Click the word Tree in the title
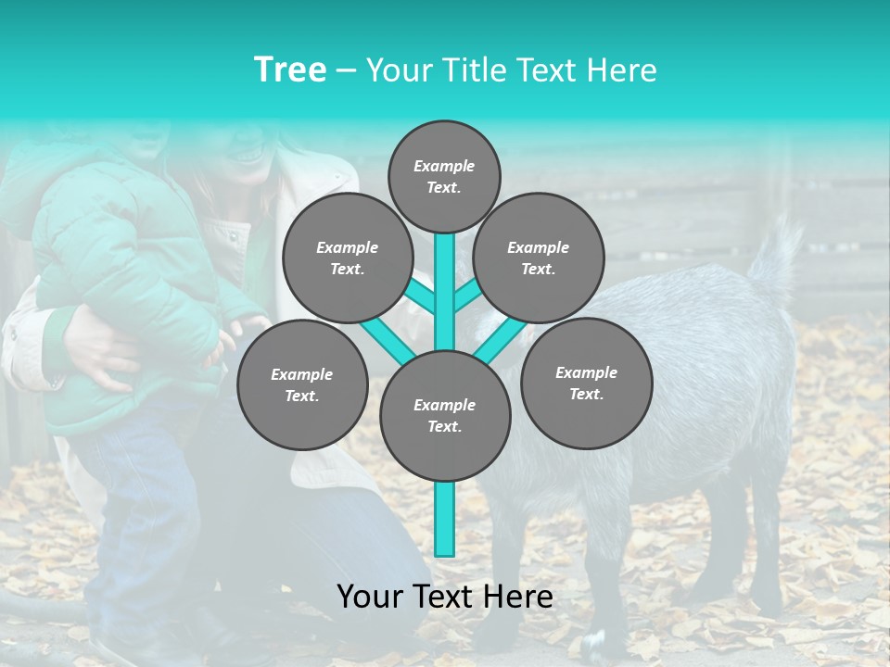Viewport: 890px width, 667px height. (x=290, y=70)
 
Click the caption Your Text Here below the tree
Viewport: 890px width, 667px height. (x=445, y=597)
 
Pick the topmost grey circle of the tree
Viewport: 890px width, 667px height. (x=444, y=176)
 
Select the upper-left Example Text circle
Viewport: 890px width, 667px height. (x=347, y=258)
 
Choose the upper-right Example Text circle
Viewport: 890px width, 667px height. (x=539, y=258)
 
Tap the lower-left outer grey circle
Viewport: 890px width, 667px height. (x=302, y=385)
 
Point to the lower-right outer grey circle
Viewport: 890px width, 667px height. (x=586, y=384)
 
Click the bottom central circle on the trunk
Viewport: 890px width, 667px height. (x=445, y=416)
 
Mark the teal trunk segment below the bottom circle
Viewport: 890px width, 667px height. (x=445, y=519)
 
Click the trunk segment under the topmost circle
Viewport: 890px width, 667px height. (x=445, y=278)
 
